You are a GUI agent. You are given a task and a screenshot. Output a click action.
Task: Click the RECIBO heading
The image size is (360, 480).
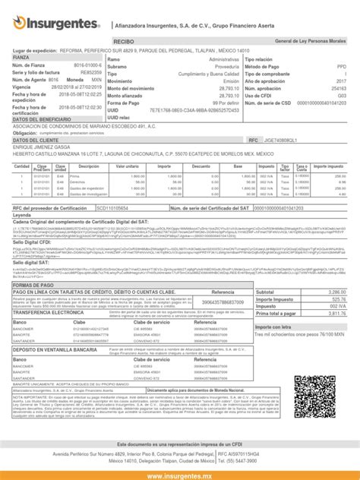pyautogui.click(x=123, y=39)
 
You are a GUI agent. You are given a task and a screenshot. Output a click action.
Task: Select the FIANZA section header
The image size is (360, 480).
pyautogui.click(x=21, y=58)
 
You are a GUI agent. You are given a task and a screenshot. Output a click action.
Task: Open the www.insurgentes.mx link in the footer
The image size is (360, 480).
pyautogui.click(x=180, y=475)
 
